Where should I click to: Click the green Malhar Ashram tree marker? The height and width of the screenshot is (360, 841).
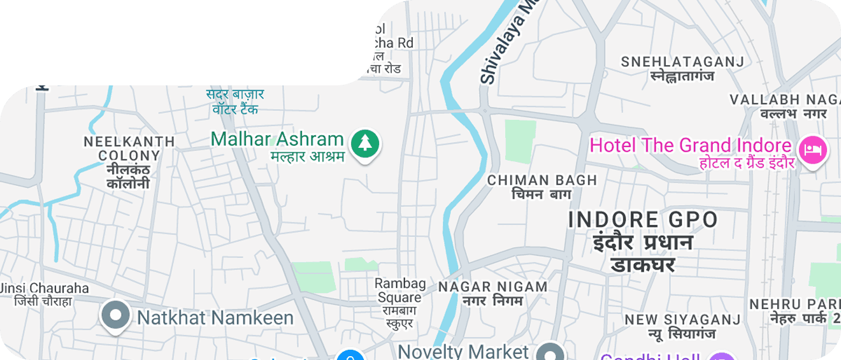[x=364, y=143]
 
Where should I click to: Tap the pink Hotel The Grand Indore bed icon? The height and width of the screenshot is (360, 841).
[x=814, y=150]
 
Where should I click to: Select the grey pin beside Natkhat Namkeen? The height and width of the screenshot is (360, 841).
[x=116, y=315]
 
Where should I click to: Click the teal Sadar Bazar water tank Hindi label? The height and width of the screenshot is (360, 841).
[x=235, y=102]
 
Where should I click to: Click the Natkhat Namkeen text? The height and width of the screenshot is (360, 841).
[x=215, y=317]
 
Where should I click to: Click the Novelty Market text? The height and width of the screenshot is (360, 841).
[x=463, y=352]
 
